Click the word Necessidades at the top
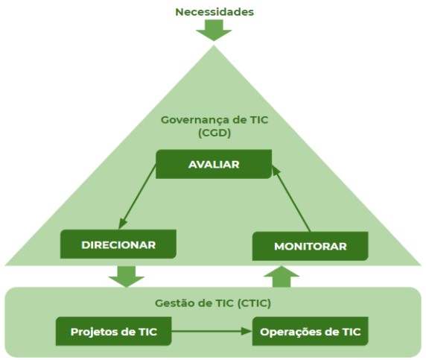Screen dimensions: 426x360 [214, 12]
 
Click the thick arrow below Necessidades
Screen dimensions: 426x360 [214, 30]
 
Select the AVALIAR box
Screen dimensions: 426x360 [214, 164]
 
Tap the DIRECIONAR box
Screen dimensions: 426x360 [118, 244]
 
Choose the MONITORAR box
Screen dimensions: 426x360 [311, 246]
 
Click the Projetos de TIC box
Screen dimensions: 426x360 [113, 331]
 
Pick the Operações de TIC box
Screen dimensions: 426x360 [311, 331]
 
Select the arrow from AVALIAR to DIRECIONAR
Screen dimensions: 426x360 [137, 197]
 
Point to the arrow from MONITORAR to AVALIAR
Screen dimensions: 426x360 [291, 199]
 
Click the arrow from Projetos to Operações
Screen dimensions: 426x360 [212, 331]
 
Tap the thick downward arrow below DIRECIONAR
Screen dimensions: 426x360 [127, 277]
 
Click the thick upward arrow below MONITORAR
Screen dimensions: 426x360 [282, 277]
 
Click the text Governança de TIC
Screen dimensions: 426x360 [214, 120]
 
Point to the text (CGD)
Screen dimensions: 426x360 [214, 133]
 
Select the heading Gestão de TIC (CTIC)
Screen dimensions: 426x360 [213, 303]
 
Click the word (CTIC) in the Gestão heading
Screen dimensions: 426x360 [254, 303]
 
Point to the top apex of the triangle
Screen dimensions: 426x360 [214, 45]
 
